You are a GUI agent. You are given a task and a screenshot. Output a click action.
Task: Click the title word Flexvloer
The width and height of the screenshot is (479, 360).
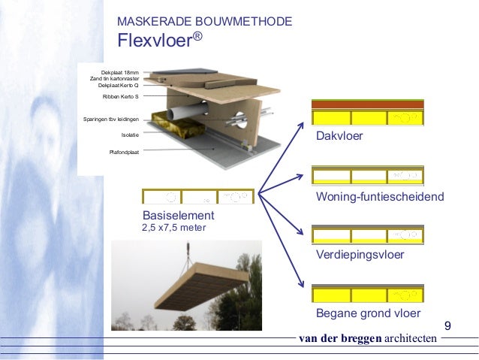click(x=156, y=40)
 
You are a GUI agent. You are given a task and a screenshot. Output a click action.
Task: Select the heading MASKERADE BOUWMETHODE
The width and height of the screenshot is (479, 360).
click(x=205, y=21)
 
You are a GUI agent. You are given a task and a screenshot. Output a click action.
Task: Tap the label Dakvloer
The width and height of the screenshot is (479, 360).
click(x=339, y=136)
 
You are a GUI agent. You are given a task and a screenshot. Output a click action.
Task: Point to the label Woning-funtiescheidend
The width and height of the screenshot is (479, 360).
click(x=380, y=196)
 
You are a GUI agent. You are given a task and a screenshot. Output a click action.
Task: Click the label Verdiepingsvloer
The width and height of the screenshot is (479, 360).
click(x=360, y=255)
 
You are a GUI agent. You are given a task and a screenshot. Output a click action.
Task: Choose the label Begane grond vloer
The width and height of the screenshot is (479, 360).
click(x=368, y=313)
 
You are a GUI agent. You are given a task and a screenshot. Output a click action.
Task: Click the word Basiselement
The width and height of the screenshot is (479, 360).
click(x=179, y=216)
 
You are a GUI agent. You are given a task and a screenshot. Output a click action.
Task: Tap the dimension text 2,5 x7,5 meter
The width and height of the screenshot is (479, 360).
click(x=174, y=228)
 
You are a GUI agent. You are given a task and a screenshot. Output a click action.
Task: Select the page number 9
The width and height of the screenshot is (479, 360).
click(x=447, y=325)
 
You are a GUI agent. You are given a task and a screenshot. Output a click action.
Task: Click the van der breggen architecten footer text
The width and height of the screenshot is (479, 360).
click(x=368, y=338)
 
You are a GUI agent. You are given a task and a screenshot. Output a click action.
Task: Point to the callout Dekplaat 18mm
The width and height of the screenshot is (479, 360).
click(x=120, y=72)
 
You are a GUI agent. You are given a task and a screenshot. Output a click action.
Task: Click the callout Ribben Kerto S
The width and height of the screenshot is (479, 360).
click(x=120, y=96)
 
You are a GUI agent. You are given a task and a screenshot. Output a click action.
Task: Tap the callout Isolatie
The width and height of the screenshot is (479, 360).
click(x=130, y=135)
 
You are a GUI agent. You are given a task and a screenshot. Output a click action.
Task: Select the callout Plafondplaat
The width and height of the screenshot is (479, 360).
click(x=124, y=152)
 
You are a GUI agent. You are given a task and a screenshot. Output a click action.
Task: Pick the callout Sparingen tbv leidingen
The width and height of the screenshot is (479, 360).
click(x=111, y=119)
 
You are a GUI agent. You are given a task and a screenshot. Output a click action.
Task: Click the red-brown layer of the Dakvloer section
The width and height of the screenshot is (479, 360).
click(x=368, y=104)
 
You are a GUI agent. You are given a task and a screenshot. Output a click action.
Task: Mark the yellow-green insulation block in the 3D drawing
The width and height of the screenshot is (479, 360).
click(x=179, y=125)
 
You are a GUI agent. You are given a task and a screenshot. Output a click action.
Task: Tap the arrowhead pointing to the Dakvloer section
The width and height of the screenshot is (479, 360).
click(x=301, y=125)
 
